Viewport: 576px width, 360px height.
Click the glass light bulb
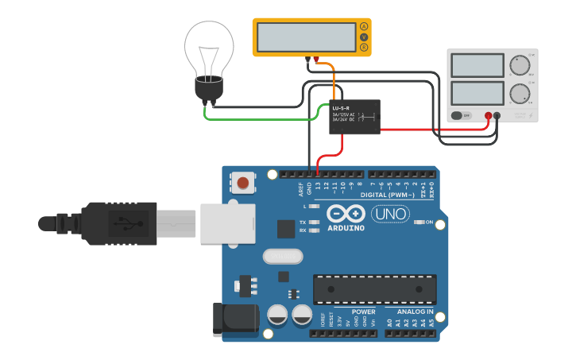pyautogui.click(x=209, y=51)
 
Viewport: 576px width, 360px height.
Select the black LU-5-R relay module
pyautogui.click(x=354, y=117)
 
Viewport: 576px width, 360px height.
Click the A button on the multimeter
pyautogui.click(x=364, y=27)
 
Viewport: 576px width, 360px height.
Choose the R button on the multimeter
pyautogui.click(x=364, y=48)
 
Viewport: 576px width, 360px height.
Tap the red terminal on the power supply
pyautogui.click(x=488, y=116)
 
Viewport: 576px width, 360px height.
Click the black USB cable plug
pyautogui.click(x=119, y=223)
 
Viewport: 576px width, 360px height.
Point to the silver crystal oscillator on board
pyautogui.click(x=281, y=257)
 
